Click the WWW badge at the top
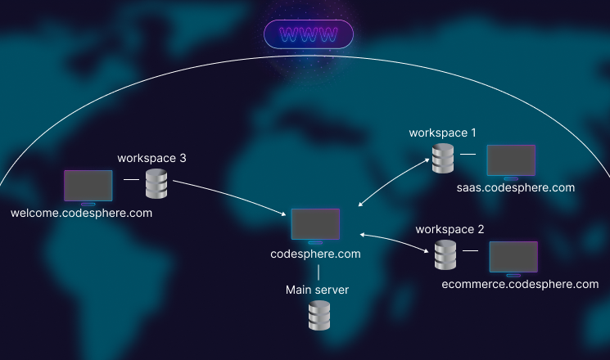click(x=308, y=34)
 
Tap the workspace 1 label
click(x=442, y=132)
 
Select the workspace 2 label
click(x=450, y=229)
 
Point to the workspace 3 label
click(x=152, y=157)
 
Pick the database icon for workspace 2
click(x=445, y=255)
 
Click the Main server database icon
click(x=319, y=315)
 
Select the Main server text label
click(x=318, y=289)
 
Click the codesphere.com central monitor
click(x=315, y=224)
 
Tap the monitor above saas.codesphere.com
click(x=511, y=160)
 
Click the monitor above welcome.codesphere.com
click(x=88, y=186)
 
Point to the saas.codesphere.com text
click(x=516, y=187)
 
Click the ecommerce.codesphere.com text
click(x=520, y=285)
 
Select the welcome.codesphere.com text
click(x=82, y=213)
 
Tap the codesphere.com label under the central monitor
click(x=315, y=254)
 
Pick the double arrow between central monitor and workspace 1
click(x=395, y=181)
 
